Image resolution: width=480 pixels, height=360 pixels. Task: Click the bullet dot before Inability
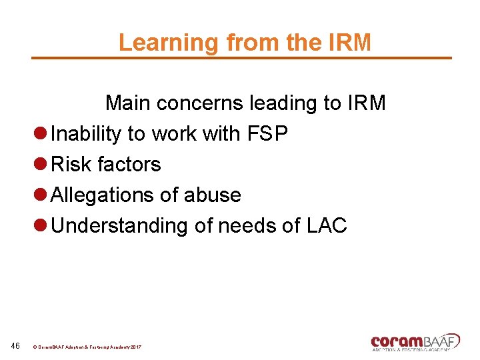click(x=41, y=134)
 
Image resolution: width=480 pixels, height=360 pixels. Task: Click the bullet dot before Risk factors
click(x=41, y=165)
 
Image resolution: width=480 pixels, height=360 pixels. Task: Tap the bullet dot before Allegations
click(x=41, y=195)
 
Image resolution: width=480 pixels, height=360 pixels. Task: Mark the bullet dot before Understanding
click(x=41, y=226)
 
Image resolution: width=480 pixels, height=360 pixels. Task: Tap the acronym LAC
click(x=327, y=226)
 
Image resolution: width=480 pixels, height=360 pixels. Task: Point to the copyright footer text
click(x=87, y=347)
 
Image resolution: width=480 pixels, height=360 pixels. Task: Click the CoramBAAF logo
click(x=415, y=341)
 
